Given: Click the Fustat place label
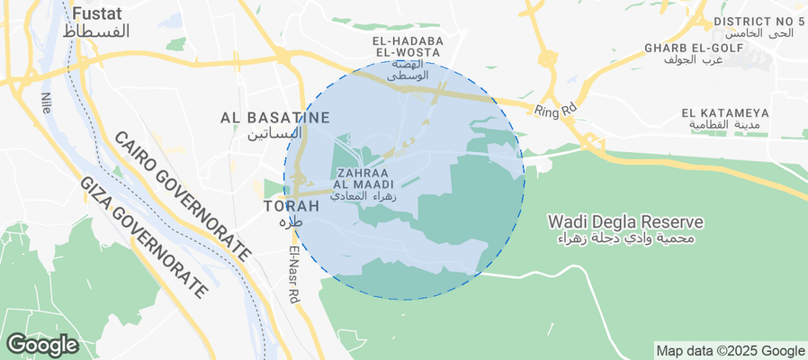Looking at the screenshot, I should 99,13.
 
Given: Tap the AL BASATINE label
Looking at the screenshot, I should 275,117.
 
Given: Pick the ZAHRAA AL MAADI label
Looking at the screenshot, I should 364,177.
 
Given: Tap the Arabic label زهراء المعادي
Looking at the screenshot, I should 364,194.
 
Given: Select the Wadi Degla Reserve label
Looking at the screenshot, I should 625,220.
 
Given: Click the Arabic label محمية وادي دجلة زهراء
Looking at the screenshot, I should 625,238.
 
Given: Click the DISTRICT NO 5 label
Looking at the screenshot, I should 758,21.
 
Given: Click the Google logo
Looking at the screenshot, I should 41,344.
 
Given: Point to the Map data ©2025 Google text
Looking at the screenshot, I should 730,351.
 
